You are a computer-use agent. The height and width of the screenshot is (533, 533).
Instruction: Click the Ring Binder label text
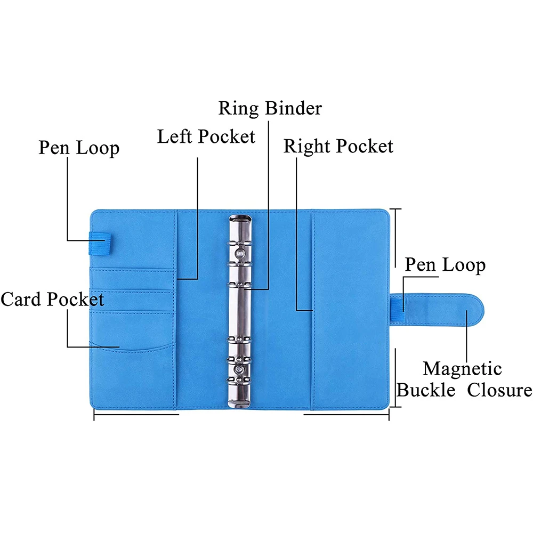[x=270, y=108]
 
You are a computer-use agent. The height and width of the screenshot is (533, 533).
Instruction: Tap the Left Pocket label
[x=206, y=136]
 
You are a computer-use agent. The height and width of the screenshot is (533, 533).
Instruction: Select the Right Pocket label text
[x=338, y=146]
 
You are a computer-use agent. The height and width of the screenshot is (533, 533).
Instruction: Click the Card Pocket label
[x=52, y=299]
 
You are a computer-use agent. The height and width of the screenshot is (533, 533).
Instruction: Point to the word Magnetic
[x=462, y=368]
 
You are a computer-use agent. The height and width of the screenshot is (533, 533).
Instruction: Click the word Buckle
[x=426, y=390]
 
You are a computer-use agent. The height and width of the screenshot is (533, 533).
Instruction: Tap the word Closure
[x=499, y=390]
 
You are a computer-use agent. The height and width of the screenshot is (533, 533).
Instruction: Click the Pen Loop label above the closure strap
[x=445, y=265]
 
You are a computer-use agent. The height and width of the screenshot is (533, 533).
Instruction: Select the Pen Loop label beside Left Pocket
[x=79, y=148]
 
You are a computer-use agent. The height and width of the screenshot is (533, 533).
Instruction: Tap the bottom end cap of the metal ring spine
[x=240, y=397]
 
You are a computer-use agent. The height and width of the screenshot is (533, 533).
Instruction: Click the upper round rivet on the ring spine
[x=240, y=252]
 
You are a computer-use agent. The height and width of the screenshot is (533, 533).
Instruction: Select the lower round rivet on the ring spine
[x=240, y=369]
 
